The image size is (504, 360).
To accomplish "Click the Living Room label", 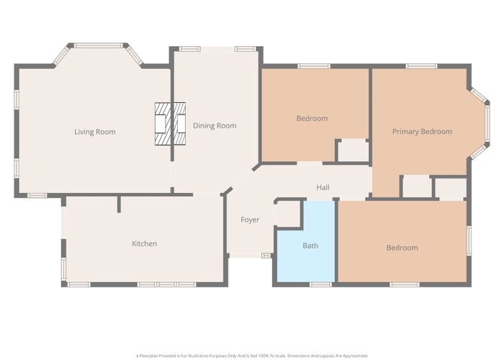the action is (95, 132).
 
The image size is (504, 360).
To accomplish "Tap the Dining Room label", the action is (215, 126).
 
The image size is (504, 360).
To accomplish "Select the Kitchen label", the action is (144, 243).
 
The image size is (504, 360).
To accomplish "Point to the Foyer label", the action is (250, 220).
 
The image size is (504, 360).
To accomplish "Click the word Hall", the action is (323, 187).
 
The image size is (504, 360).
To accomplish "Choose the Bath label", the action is (310, 246).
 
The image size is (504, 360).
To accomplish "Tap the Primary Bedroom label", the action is (422, 132).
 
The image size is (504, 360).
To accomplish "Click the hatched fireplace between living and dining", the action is (170, 124).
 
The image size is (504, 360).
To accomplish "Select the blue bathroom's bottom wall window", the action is (320, 284).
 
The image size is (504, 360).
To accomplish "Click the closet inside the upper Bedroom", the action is (353, 151).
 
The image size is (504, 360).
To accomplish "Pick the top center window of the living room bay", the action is (99, 45).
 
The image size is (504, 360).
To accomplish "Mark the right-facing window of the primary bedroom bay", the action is (487, 123).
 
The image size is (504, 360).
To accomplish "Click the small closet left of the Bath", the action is (289, 214).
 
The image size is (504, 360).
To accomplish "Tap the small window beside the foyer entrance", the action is (266, 256).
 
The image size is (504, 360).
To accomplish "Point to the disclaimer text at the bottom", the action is (252, 356).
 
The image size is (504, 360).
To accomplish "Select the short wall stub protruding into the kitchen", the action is (119, 204).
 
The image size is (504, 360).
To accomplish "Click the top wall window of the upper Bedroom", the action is (314, 66).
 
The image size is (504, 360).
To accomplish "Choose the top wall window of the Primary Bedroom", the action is (421, 66).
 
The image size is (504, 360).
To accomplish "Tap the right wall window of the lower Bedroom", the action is (469, 240).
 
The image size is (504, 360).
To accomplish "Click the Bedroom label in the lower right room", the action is (402, 248).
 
